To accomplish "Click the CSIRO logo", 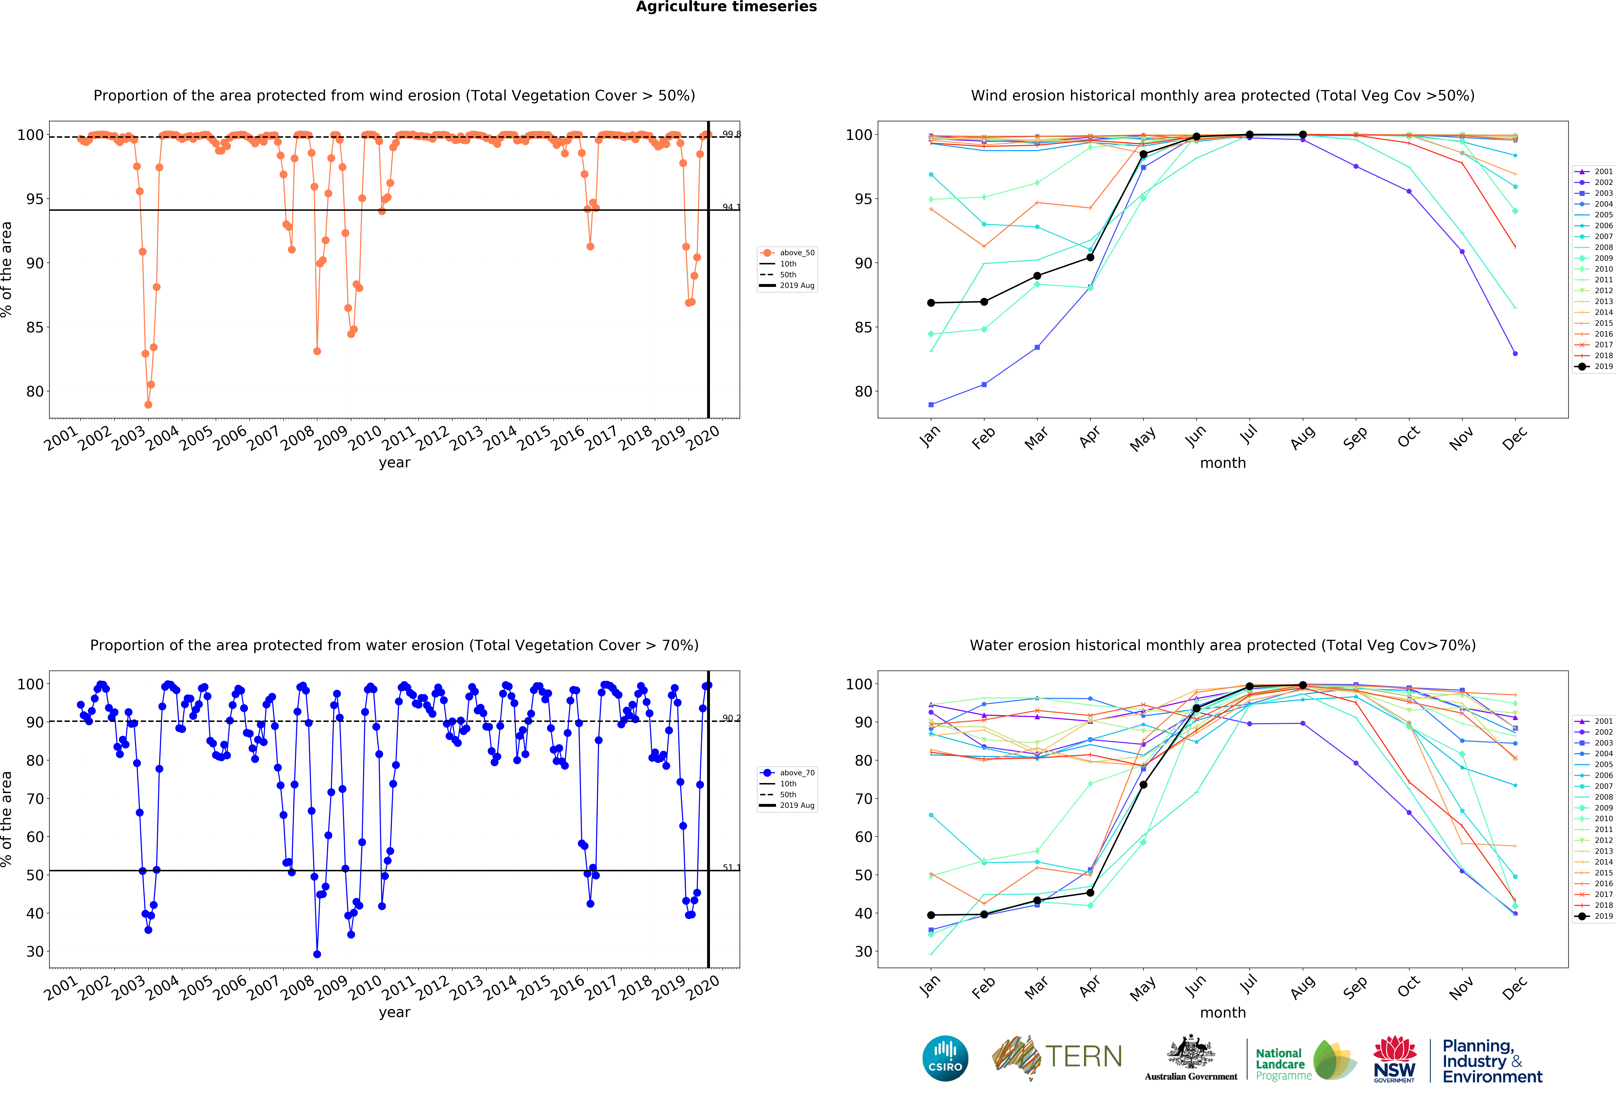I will click(945, 1059).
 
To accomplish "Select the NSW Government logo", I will click(1394, 1059).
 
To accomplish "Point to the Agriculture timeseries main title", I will click(726, 7).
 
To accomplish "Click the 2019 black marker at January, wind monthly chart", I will click(931, 303).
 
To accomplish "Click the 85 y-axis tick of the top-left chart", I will click(35, 327).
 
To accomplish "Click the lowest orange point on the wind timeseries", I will click(148, 404).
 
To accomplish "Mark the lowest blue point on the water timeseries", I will click(317, 954).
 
